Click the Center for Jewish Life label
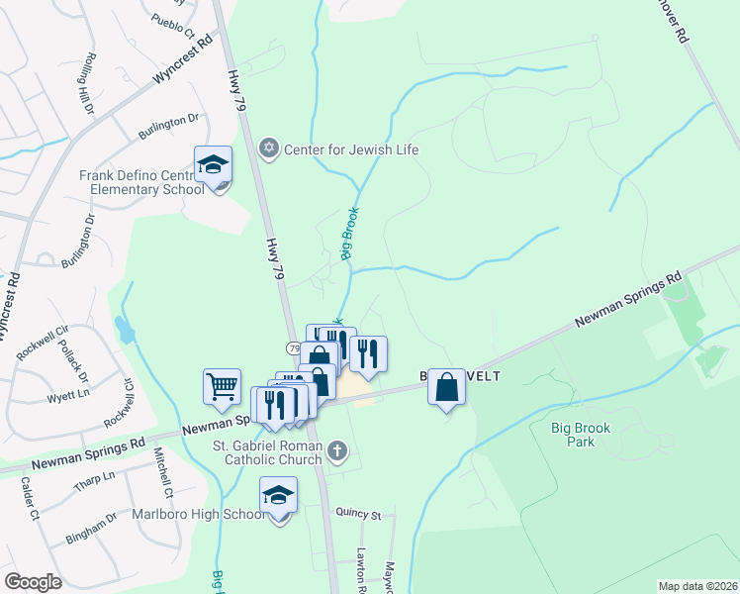(x=352, y=149)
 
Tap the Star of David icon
(x=267, y=149)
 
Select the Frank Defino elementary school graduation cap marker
(x=213, y=165)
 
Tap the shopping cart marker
(x=223, y=387)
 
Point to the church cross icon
(x=337, y=452)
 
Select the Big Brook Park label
(x=588, y=435)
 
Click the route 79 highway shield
(x=295, y=348)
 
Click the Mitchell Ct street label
(x=161, y=474)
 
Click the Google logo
(x=33, y=582)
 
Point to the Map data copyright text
(x=697, y=586)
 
